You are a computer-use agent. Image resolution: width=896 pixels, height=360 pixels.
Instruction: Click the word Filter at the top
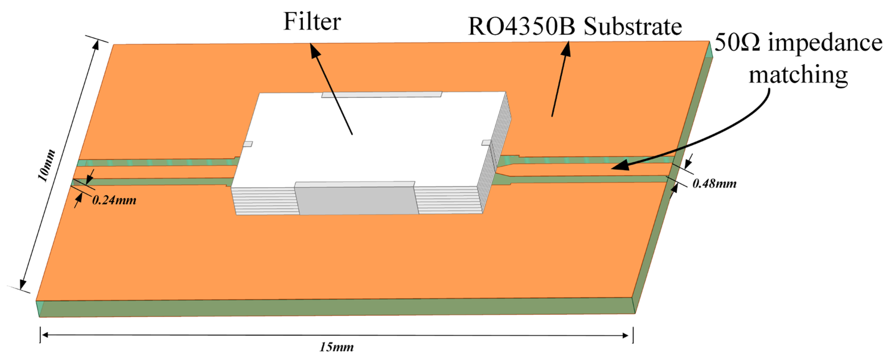pyautogui.click(x=312, y=22)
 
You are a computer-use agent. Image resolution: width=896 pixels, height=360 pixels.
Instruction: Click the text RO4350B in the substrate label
pyautogui.click(x=521, y=27)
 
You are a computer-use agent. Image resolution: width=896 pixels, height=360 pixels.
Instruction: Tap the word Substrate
pyautogui.click(x=632, y=27)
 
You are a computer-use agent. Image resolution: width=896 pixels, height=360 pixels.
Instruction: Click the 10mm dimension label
pyautogui.click(x=47, y=166)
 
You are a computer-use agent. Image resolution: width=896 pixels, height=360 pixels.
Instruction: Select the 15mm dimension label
pyautogui.click(x=336, y=347)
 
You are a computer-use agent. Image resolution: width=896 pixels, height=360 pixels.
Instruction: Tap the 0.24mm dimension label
pyautogui.click(x=114, y=200)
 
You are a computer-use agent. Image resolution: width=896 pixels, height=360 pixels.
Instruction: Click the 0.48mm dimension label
pyautogui.click(x=714, y=184)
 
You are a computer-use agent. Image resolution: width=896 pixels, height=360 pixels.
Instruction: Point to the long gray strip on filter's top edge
pyautogui.click(x=381, y=94)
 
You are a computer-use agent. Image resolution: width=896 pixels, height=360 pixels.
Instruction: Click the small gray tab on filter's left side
pyautogui.click(x=248, y=144)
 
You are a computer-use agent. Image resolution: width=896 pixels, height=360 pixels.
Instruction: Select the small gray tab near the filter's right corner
pyautogui.click(x=486, y=142)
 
